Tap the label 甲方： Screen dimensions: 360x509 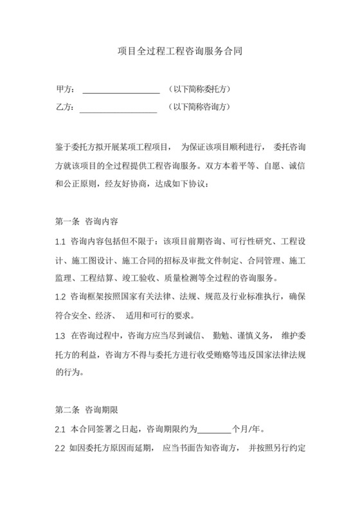click(x=66, y=89)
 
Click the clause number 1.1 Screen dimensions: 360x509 click(x=61, y=242)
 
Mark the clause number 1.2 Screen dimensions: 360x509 click(x=61, y=297)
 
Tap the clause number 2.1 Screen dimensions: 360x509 click(x=61, y=429)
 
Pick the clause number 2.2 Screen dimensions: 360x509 click(x=61, y=447)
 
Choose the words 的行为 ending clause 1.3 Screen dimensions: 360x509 click(x=68, y=371)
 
